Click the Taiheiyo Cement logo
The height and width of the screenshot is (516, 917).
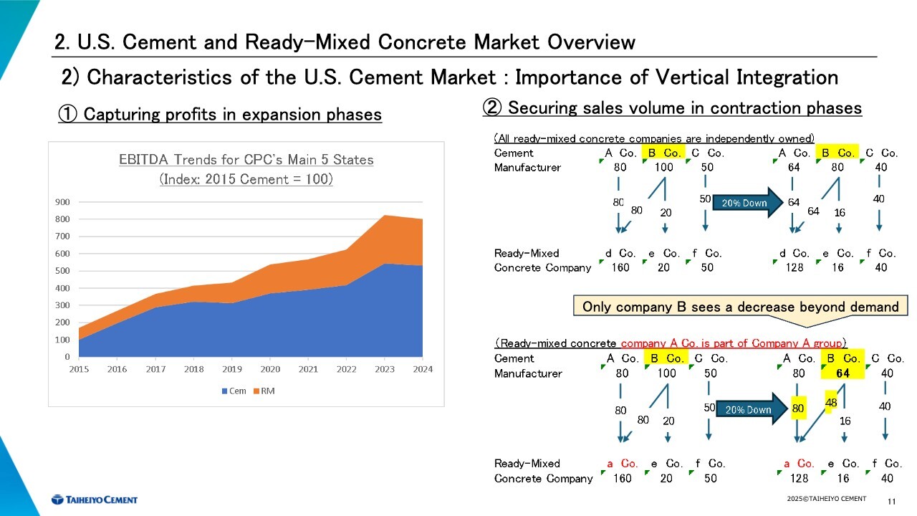pos(94,500)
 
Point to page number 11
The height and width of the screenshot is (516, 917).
pos(892,500)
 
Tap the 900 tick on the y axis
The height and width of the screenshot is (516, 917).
pos(62,202)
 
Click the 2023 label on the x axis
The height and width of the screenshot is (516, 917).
pos(385,369)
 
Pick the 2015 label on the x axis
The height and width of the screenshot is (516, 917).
pos(79,369)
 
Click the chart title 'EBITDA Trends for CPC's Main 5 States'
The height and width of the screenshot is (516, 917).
pos(246,160)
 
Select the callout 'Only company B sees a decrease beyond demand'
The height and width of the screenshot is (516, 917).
pos(740,307)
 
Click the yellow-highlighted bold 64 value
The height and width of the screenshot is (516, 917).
pos(842,373)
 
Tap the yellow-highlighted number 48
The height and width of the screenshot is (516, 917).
pos(831,403)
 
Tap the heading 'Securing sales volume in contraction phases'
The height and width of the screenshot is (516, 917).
pos(673,108)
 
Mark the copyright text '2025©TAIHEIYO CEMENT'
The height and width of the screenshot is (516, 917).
pos(826,499)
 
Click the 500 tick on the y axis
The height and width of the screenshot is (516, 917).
pos(62,271)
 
